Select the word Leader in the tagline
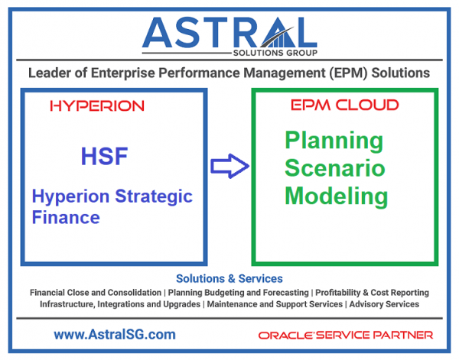50,73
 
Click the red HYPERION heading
96,106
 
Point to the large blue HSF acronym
104,157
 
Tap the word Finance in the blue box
66,218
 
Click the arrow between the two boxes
229,165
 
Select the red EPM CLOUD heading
345,105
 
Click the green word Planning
334,141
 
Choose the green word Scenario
334,168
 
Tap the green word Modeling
336,196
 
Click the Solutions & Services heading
229,279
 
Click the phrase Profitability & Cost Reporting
373,293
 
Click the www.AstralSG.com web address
115,334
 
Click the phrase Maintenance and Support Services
274,304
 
